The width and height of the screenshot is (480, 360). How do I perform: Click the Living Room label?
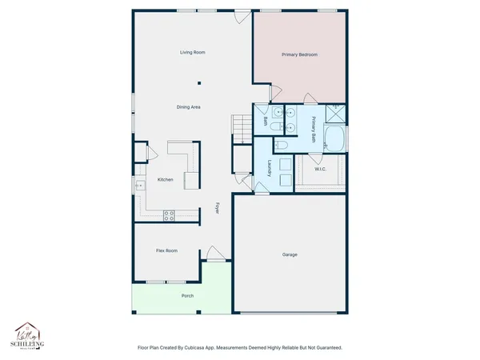[193, 52]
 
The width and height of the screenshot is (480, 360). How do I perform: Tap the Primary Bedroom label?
[299, 55]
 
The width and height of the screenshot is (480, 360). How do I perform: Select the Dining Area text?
[189, 106]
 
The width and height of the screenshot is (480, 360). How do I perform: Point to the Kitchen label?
[166, 179]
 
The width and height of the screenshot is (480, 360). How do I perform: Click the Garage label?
[290, 254]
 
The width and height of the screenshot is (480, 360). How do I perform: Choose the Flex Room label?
[166, 250]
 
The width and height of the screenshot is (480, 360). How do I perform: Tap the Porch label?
[187, 295]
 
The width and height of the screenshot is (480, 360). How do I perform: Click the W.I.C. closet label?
[321, 169]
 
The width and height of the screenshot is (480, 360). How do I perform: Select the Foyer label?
[217, 208]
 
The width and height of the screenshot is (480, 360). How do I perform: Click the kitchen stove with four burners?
[169, 214]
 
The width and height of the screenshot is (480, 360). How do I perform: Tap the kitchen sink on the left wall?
[138, 185]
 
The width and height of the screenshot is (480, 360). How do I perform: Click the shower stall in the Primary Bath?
[338, 112]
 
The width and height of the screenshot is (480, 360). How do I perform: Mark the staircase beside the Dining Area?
[241, 126]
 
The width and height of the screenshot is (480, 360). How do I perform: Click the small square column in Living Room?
[200, 82]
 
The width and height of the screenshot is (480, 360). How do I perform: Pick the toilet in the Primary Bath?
[282, 146]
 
